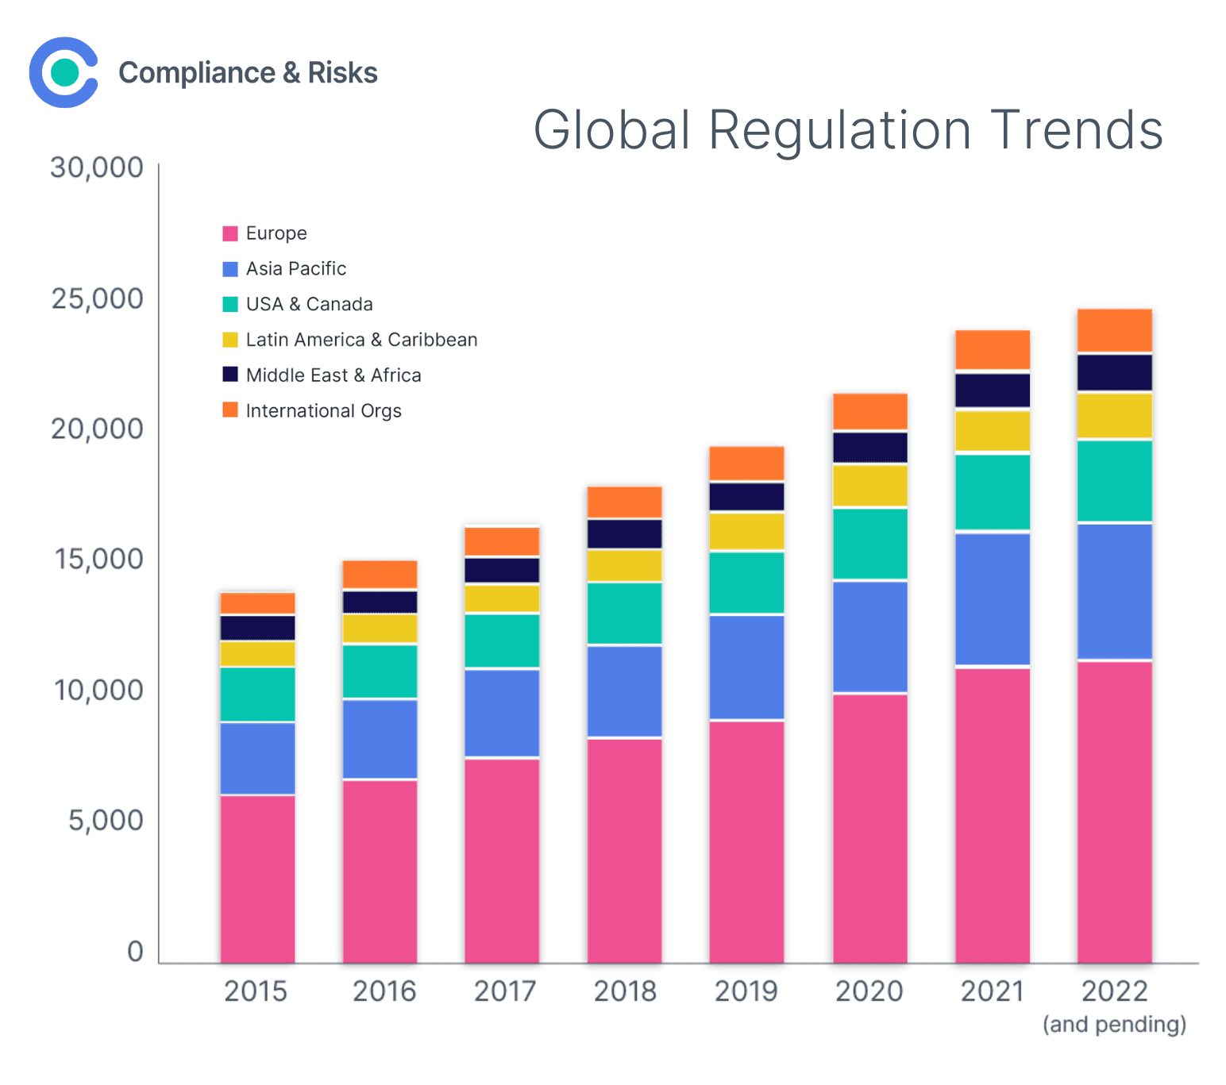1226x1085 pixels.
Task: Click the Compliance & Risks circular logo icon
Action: (64, 72)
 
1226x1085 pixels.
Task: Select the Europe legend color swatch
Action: (230, 233)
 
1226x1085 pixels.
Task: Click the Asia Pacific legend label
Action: (295, 269)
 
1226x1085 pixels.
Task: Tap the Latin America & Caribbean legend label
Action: (361, 340)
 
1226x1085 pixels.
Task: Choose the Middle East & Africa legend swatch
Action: (230, 375)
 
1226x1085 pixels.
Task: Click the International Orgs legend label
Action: (323, 411)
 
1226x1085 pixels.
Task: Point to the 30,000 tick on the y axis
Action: (97, 167)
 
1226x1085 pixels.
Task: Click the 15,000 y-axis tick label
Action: (98, 560)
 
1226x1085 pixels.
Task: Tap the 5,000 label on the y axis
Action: (106, 821)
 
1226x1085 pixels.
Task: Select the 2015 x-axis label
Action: (255, 991)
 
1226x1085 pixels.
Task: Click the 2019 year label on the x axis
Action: (746, 991)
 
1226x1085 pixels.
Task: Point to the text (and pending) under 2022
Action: (1114, 1024)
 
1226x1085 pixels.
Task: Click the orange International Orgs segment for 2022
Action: (1114, 330)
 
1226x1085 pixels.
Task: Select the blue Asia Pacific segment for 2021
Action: (992, 598)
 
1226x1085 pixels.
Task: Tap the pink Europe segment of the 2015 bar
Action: (257, 879)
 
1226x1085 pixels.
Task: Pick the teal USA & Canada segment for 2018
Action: (624, 613)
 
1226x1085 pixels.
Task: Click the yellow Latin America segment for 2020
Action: (869, 485)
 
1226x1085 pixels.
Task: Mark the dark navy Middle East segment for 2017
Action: (502, 570)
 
